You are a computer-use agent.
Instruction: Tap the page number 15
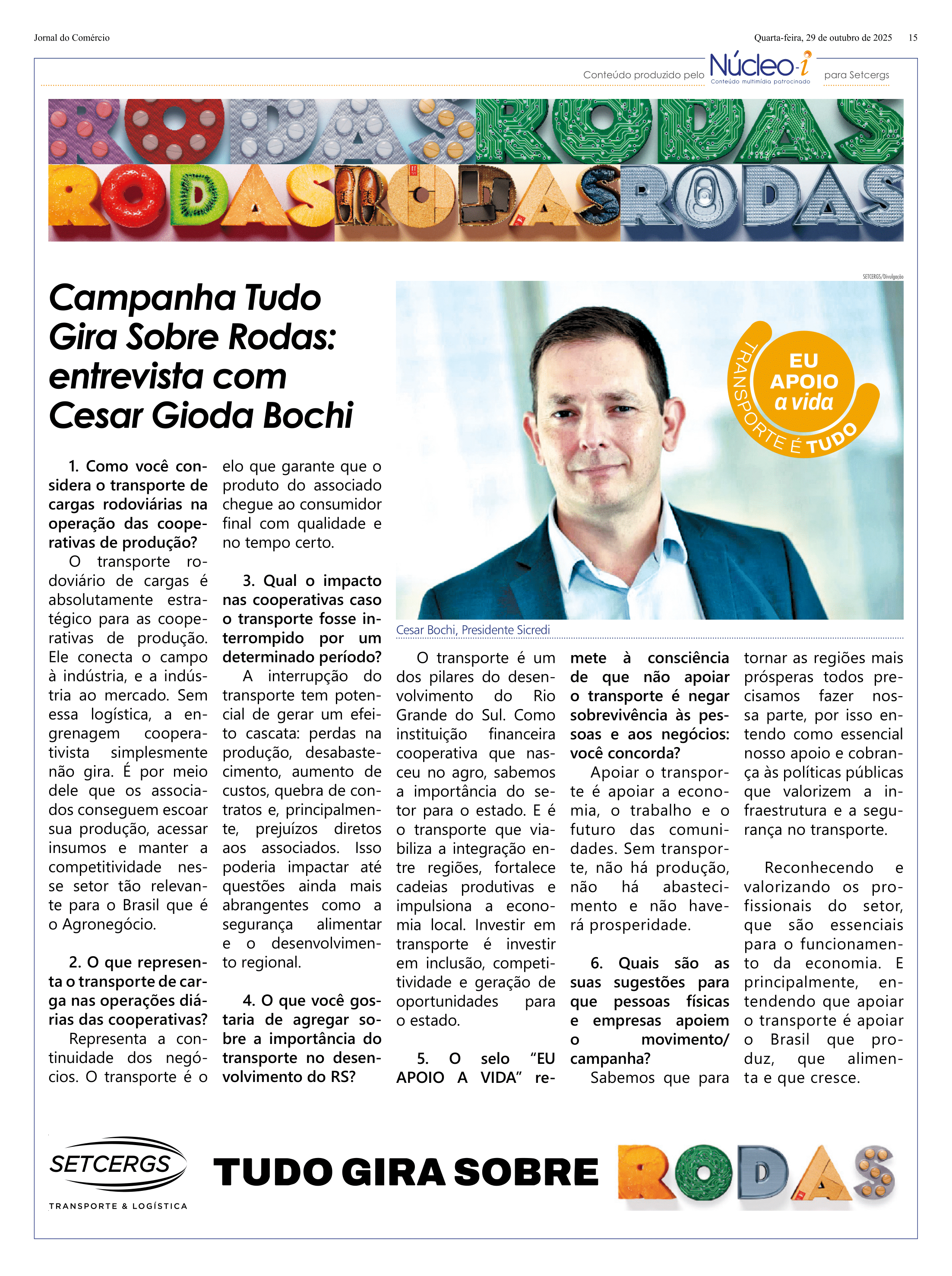(x=912, y=38)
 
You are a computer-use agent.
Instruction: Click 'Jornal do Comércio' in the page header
(x=72, y=38)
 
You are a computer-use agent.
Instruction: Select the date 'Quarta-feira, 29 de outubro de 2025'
(x=822, y=38)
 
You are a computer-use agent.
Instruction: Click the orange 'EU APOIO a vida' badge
(x=803, y=383)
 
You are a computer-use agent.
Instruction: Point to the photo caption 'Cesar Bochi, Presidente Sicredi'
(x=472, y=630)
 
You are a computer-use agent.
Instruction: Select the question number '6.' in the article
(x=596, y=963)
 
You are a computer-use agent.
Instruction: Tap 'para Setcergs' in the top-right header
(x=856, y=75)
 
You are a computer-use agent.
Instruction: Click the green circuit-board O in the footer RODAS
(x=702, y=1173)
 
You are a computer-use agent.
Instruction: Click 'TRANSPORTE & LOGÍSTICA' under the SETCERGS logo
(x=118, y=1206)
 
